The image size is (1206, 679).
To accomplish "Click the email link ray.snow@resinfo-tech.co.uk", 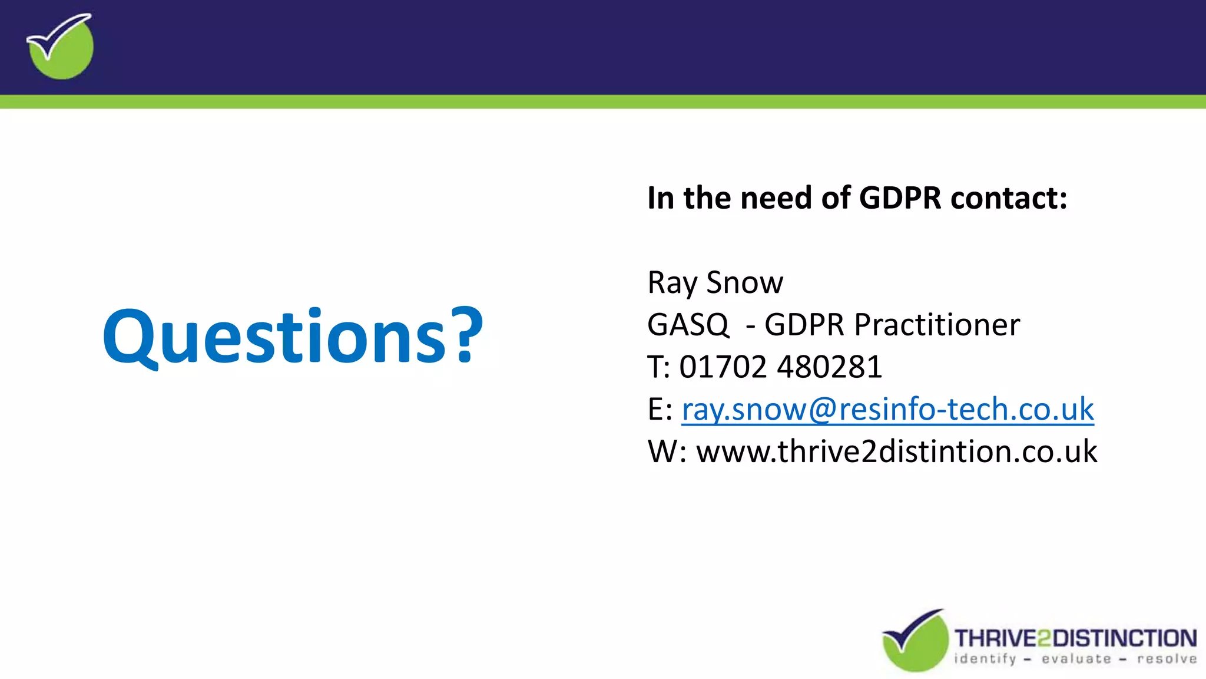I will [x=887, y=409].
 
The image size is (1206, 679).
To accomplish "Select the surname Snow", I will [x=745, y=282].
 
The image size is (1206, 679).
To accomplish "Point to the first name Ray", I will [x=672, y=284].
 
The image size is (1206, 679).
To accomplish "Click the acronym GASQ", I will [x=688, y=325].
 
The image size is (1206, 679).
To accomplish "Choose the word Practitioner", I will [x=937, y=325].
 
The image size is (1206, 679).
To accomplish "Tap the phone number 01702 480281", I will [x=780, y=367].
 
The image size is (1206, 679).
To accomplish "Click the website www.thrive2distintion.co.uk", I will [x=896, y=451].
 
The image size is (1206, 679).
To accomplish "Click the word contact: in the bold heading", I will [x=1009, y=197].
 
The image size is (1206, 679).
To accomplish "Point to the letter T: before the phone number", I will [x=658, y=367].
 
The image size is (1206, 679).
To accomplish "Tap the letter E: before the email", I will [x=660, y=409].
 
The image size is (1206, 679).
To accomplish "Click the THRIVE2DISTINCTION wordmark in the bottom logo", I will [x=1075, y=638].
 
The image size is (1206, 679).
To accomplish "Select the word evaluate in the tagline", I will [x=1076, y=659].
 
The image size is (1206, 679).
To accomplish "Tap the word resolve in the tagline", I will [x=1167, y=659].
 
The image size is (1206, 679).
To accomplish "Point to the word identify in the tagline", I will [x=985, y=659].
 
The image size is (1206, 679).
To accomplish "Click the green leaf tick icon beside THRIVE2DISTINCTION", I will [x=915, y=641].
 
